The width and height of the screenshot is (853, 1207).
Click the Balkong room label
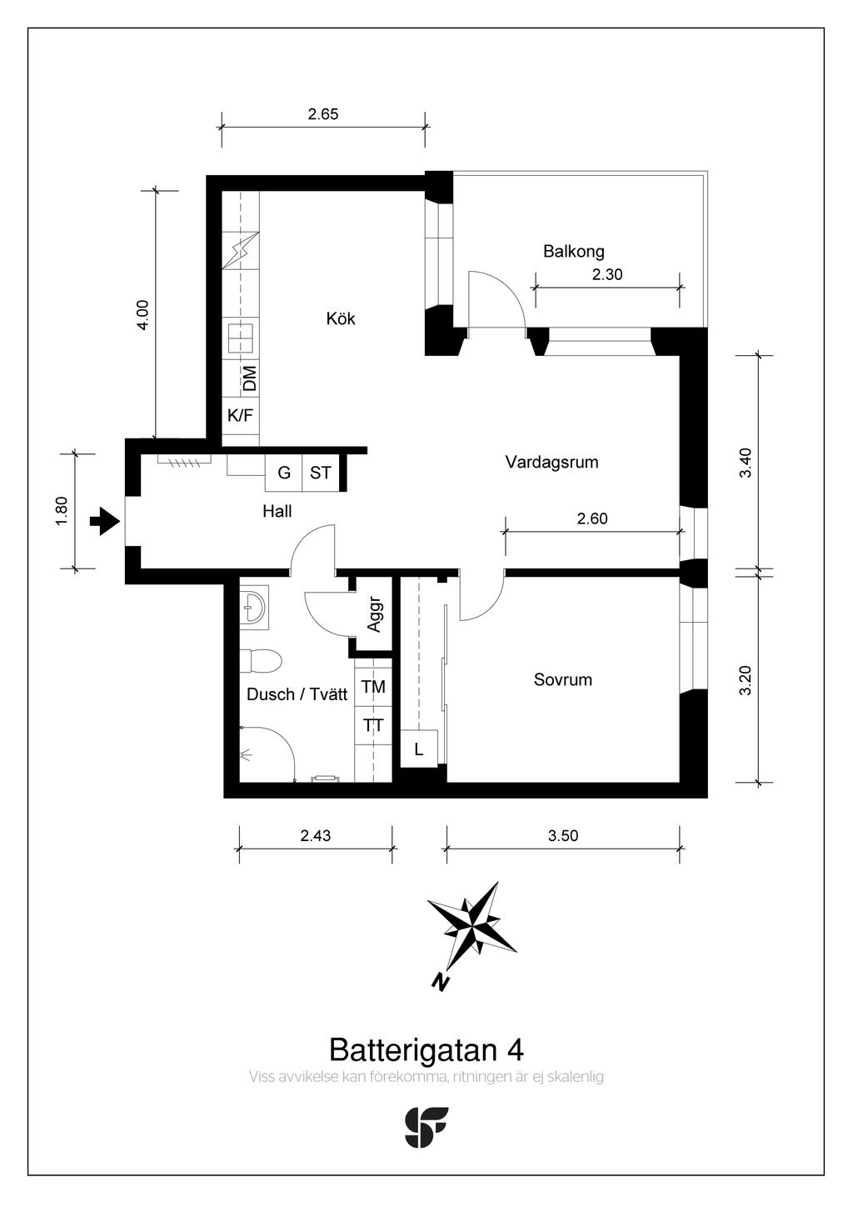tap(573, 252)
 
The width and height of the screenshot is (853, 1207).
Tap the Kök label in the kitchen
tap(341, 318)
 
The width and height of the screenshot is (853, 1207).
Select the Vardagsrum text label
tap(552, 463)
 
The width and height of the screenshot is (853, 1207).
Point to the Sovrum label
tap(563, 679)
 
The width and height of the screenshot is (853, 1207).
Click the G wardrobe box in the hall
tap(284, 473)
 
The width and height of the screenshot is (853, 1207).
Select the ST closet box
tap(321, 473)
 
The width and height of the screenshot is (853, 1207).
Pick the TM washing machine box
tap(373, 687)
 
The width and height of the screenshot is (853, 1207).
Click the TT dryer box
tap(373, 725)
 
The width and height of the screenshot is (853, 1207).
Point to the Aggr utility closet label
tap(374, 614)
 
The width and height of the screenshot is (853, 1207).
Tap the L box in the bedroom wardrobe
tap(419, 749)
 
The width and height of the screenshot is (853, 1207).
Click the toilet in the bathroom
tap(261, 661)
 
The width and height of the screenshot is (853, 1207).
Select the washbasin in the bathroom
tap(254, 609)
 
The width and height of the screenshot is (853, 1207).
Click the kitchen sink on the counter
tap(240, 338)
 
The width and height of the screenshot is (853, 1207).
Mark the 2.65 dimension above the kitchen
tap(323, 114)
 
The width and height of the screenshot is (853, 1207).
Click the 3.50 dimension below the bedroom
tap(563, 836)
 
